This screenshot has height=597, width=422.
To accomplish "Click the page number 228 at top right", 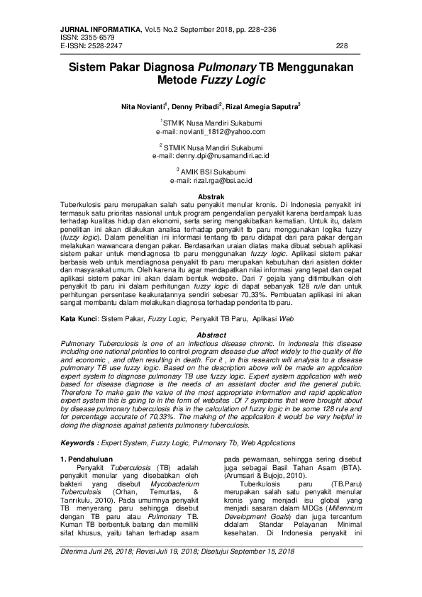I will point(341,45).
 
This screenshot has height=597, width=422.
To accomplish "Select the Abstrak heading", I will point(211,195).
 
